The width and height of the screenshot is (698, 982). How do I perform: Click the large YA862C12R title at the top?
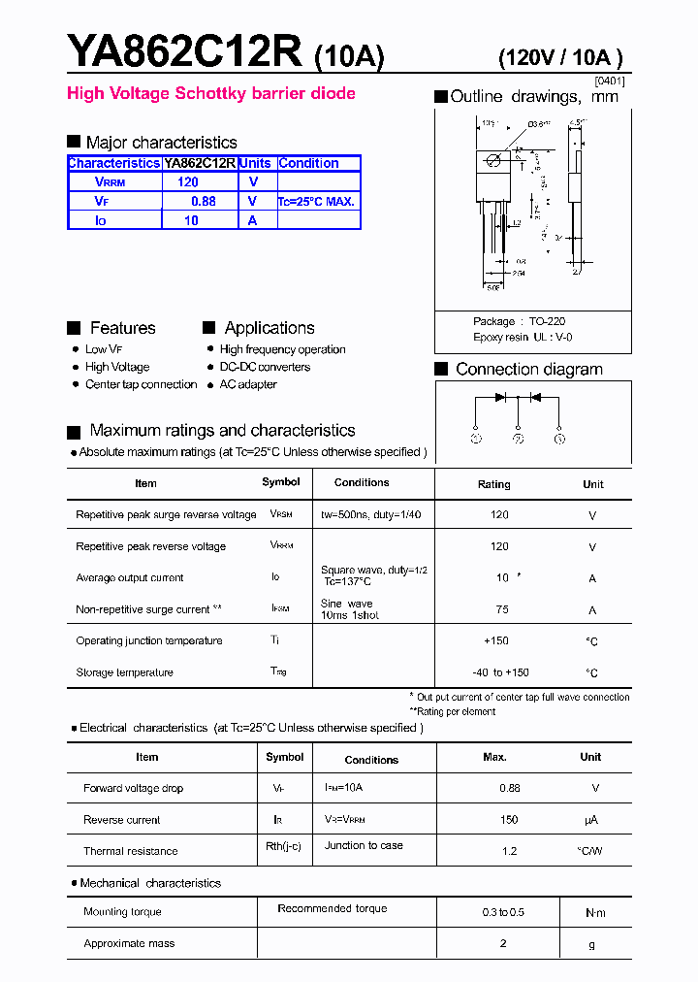[184, 50]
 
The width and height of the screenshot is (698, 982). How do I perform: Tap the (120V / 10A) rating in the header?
[560, 57]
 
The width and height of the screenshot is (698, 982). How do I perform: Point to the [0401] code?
[609, 82]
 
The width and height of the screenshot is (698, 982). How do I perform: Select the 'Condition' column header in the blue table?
[308, 163]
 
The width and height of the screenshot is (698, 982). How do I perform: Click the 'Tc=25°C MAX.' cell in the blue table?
[317, 202]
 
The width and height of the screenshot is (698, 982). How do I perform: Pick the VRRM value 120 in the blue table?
[188, 182]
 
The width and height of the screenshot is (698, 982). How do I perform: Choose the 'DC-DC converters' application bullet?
[265, 367]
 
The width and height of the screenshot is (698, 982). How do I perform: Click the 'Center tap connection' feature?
[141, 384]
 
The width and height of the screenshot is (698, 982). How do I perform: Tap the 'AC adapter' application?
[248, 384]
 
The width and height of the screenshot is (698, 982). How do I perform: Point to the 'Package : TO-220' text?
[519, 321]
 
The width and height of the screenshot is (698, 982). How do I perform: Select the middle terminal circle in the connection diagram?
[518, 439]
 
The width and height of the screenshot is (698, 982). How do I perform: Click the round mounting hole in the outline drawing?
[493, 160]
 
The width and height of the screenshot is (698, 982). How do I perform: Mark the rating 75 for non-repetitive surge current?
[502, 610]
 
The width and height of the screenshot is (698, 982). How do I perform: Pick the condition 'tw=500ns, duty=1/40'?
[370, 514]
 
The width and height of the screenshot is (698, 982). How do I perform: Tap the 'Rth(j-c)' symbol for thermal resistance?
[283, 846]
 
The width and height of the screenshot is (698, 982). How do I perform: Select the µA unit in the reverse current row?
[591, 820]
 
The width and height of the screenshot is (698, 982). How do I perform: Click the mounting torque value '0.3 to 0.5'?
[503, 912]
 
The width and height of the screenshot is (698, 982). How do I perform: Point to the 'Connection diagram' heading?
[528, 369]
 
